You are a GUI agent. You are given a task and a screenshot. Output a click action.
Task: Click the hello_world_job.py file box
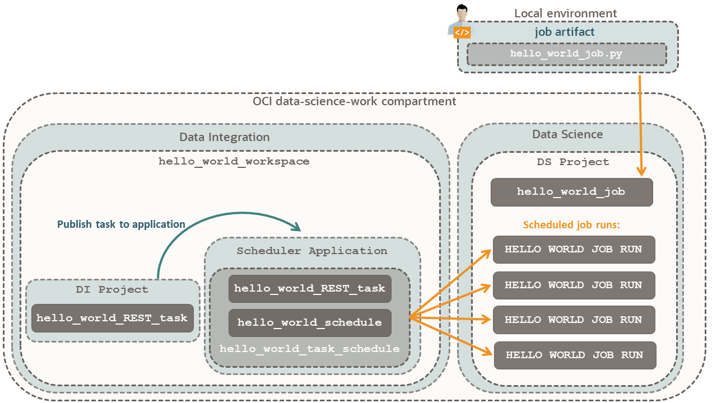click(x=566, y=54)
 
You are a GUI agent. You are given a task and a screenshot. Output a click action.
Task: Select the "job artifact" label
click(x=564, y=32)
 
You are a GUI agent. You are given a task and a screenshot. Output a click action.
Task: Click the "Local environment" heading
click(x=565, y=13)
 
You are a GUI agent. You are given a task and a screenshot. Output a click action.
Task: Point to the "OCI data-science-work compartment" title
click(x=354, y=101)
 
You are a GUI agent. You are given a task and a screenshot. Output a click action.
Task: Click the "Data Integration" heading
click(x=224, y=137)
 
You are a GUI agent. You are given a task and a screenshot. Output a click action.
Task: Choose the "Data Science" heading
click(x=567, y=134)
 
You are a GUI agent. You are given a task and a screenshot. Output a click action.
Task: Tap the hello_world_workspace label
click(x=234, y=161)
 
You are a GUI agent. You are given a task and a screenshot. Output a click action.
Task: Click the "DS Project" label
click(x=572, y=162)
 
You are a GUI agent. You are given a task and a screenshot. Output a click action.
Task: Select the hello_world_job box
click(x=571, y=192)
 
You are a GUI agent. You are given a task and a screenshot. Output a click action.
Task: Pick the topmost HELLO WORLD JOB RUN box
click(x=574, y=249)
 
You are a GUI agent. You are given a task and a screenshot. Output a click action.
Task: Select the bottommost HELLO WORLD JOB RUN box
click(x=574, y=355)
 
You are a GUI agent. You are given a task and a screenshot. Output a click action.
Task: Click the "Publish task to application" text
click(x=121, y=224)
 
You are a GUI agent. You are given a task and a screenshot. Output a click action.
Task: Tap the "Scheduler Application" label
click(x=311, y=251)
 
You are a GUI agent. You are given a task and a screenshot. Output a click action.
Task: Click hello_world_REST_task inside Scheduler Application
click(x=310, y=289)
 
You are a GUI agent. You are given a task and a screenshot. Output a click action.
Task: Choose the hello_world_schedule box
click(x=310, y=322)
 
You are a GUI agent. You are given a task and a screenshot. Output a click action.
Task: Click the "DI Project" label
click(x=112, y=289)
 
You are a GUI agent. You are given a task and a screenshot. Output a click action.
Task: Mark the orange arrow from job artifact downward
click(x=640, y=123)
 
